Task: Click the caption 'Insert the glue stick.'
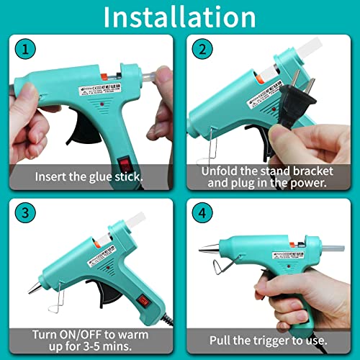pos(89,176)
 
